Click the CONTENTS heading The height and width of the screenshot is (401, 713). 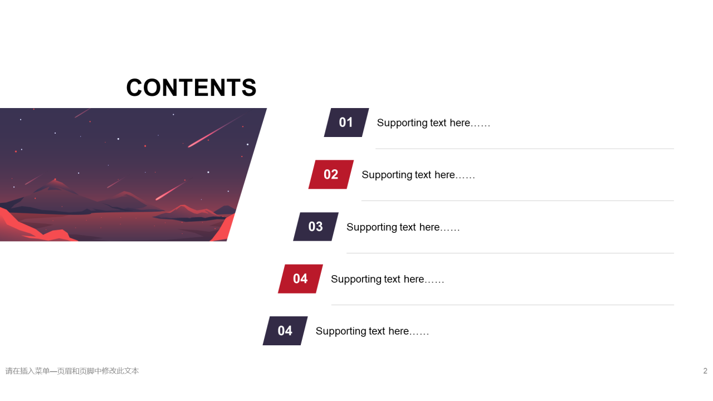[x=191, y=87]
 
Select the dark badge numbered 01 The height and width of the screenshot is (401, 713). [x=346, y=123]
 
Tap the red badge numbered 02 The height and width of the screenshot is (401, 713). [x=331, y=174]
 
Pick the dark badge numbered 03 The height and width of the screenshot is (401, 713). [x=316, y=227]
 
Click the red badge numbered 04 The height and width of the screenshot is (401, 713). [x=300, y=279]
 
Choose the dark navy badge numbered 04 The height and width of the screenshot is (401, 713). [x=285, y=331]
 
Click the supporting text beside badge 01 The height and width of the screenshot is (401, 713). [x=433, y=123]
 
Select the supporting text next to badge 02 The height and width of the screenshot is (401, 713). [x=418, y=175]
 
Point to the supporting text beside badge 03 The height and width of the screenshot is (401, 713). [x=403, y=227]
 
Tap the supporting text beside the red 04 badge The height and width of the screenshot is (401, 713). [x=387, y=279]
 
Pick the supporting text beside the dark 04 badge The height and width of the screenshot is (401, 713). [x=373, y=331]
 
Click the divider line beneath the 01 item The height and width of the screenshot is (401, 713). [x=525, y=149]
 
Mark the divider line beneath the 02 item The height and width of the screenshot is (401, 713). [x=517, y=201]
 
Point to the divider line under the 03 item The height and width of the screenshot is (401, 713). [x=510, y=253]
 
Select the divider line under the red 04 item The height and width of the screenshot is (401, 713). [x=502, y=305]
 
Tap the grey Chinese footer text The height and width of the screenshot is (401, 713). [x=72, y=371]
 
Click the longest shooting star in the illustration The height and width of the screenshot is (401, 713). [x=216, y=131]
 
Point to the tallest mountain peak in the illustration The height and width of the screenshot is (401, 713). [x=56, y=182]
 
